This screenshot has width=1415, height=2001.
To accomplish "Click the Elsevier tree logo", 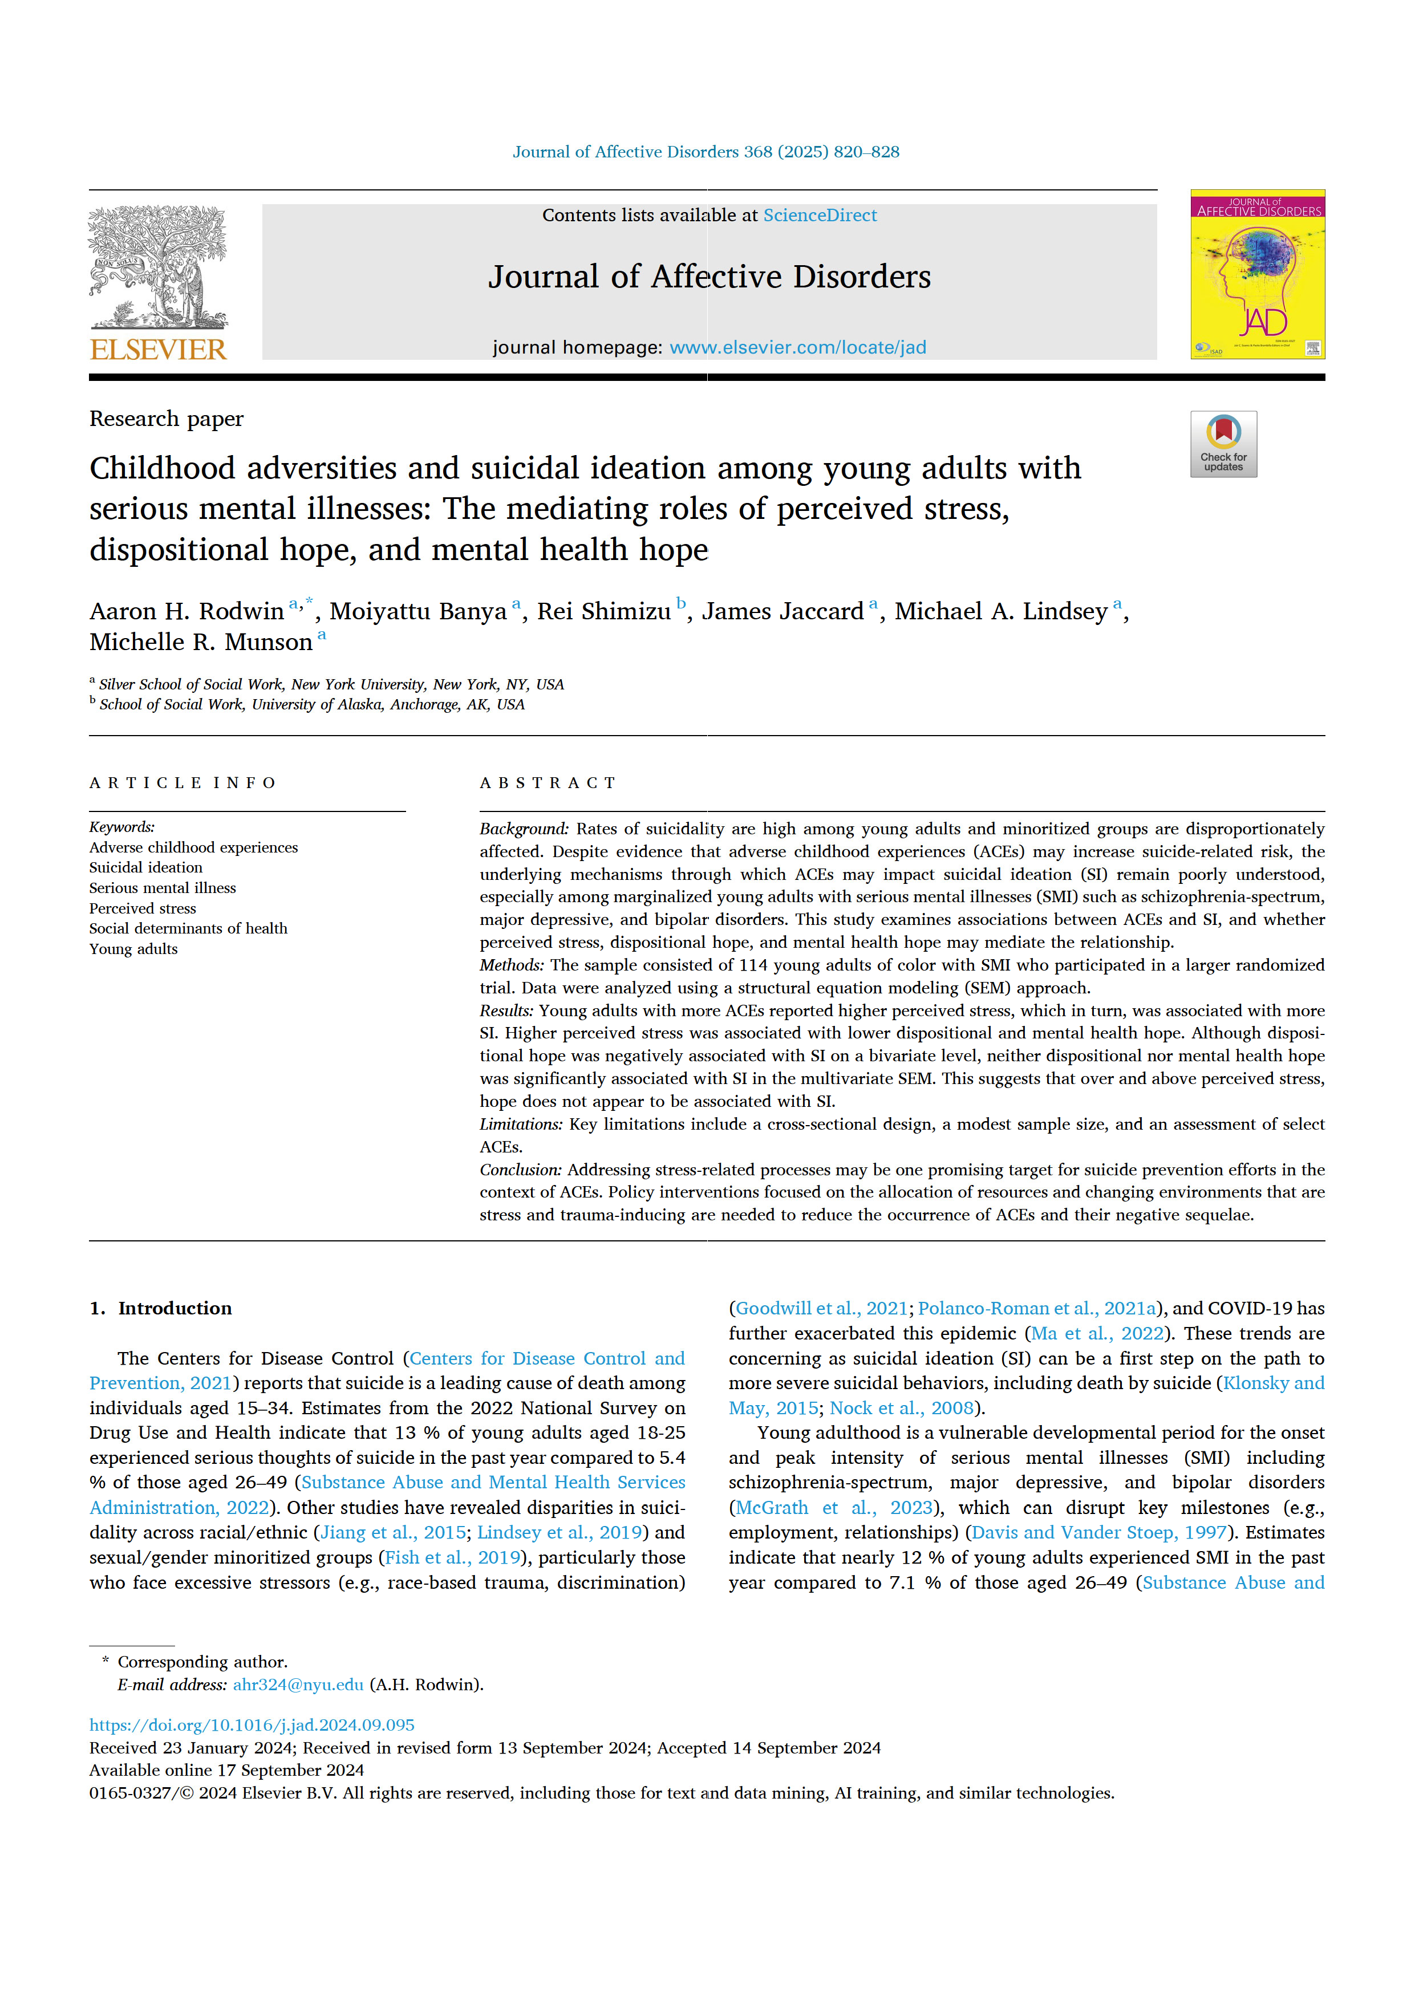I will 158,266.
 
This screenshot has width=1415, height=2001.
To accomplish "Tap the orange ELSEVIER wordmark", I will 158,350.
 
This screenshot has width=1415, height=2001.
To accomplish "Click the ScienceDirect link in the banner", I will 820,215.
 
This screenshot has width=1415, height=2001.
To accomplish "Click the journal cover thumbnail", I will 1256,274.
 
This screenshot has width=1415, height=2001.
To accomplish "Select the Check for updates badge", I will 1223,444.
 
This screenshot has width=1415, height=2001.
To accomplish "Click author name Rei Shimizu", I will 603,612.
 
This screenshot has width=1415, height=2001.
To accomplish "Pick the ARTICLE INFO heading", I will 182,782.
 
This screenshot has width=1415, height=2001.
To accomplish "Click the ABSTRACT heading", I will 548,782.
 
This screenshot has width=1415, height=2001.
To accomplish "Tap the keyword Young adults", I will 133,949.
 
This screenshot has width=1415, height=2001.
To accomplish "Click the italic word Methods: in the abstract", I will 512,965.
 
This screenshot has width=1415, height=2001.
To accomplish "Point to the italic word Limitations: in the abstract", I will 521,1125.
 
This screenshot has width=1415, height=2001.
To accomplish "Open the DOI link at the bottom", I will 252,1725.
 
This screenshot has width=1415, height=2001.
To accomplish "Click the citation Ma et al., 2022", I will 1097,1333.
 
